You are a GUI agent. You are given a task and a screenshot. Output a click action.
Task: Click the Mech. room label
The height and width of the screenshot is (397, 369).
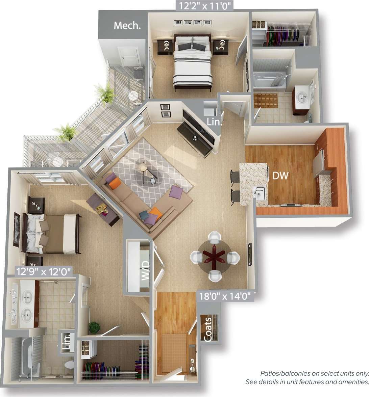click(x=127, y=25)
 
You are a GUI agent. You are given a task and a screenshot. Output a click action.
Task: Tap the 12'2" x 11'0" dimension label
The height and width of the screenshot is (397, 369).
click(x=204, y=5)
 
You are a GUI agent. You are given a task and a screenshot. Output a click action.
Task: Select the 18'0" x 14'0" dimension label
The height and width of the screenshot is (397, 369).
click(x=225, y=296)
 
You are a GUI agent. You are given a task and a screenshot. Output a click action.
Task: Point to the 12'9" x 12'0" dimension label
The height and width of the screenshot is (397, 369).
click(x=44, y=271)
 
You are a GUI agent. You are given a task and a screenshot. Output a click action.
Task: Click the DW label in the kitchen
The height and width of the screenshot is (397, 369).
click(x=280, y=175)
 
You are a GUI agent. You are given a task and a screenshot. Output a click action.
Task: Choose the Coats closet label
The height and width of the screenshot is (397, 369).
click(x=208, y=329)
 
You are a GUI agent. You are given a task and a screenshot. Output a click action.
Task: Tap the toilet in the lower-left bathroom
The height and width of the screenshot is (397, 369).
click(x=69, y=365)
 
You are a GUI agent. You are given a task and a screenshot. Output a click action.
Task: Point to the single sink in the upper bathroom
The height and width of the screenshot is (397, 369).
click(x=301, y=97)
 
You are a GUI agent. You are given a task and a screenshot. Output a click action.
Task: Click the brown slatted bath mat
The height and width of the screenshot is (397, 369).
click(x=266, y=101)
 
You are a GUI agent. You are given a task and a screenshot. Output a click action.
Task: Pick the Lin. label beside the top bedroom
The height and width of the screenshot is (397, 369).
click(x=214, y=122)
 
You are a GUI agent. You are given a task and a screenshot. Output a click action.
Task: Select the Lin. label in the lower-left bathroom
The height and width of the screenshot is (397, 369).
click(x=67, y=342)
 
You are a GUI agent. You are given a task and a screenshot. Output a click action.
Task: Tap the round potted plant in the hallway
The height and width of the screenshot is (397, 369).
click(x=94, y=327)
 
